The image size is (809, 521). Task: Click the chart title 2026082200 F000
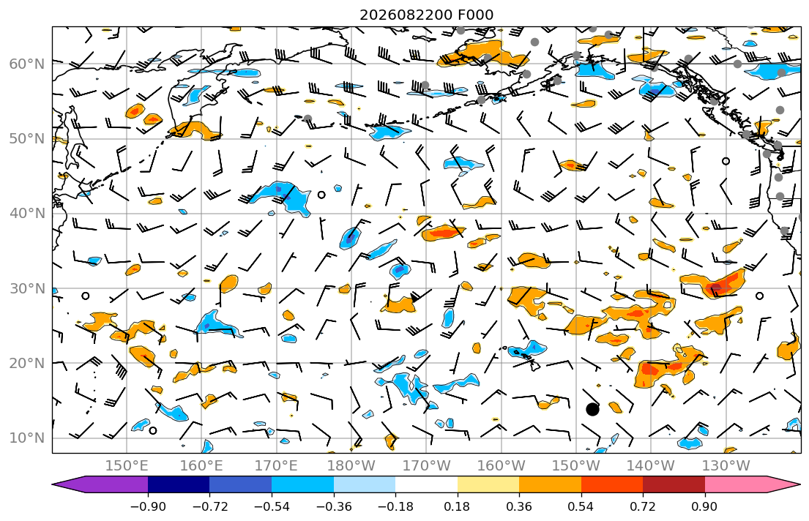pos(426,15)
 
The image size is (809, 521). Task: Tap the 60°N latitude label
pos(27,64)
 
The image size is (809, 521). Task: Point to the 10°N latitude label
pos(27,438)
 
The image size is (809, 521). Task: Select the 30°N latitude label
pos(27,288)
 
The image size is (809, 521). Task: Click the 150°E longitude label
pos(127,466)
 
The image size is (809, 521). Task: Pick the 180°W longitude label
pos(351,466)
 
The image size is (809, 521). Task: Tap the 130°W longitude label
pos(726,466)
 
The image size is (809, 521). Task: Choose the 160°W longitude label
pos(502,466)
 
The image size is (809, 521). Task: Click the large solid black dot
pos(592,410)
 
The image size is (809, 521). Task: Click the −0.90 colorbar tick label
pos(148,506)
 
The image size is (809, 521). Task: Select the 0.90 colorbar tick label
pos(705,506)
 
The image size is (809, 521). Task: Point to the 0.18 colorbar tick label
pos(457,506)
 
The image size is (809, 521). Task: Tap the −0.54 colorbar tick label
pos(272,506)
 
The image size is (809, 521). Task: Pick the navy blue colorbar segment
pos(179,484)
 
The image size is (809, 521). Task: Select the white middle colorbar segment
pos(426,484)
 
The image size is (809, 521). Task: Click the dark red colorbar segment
pos(674,484)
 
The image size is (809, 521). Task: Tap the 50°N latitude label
pos(27,139)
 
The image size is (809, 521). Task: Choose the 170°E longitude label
pos(277,466)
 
